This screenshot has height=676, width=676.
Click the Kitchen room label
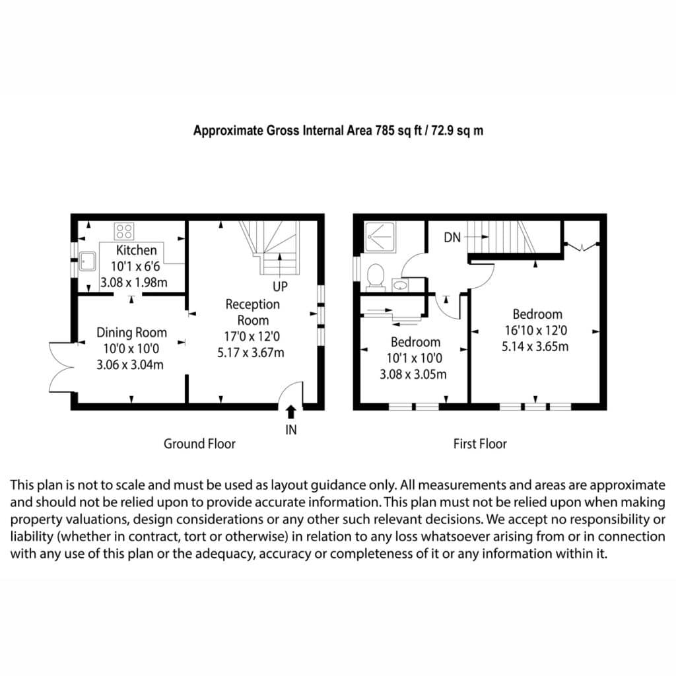click(x=136, y=250)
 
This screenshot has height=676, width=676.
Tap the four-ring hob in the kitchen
click(x=124, y=232)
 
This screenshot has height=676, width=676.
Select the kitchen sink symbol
click(x=88, y=261)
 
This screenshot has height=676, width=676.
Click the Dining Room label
click(x=131, y=333)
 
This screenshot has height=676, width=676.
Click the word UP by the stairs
click(x=280, y=287)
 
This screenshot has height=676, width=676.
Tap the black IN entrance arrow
click(x=291, y=412)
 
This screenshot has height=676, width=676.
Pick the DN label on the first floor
click(x=452, y=237)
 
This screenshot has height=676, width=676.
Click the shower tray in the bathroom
click(x=380, y=237)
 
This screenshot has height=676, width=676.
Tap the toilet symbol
click(x=376, y=277)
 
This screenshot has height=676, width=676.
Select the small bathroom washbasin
click(x=401, y=285)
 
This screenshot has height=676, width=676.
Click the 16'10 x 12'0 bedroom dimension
click(x=536, y=330)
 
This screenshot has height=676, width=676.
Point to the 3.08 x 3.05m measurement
click(x=413, y=374)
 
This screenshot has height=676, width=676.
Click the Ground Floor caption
click(x=199, y=444)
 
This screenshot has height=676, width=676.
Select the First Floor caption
click(x=480, y=444)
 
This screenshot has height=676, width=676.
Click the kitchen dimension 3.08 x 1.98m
click(x=133, y=283)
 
